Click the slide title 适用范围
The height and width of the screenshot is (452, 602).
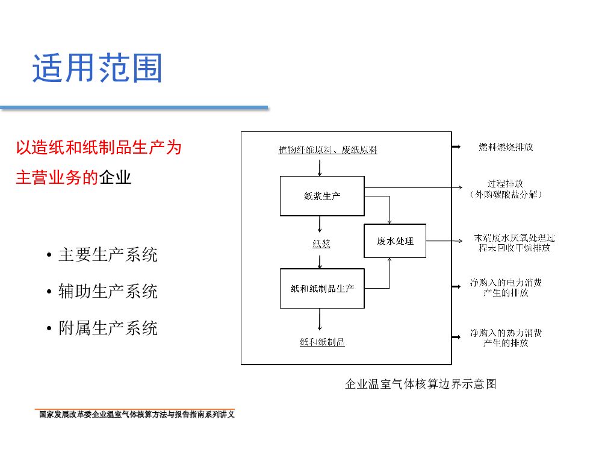coord(97,68)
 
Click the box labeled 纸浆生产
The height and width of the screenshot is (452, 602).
coord(322,196)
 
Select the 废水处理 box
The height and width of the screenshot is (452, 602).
coord(395,241)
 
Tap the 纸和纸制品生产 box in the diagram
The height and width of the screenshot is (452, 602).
coord(322,288)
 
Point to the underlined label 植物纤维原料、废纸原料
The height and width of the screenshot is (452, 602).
coord(327,150)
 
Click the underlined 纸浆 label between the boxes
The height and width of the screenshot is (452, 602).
coord(321,244)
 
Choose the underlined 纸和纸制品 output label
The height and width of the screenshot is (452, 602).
coord(322,342)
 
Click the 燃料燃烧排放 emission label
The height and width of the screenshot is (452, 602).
coord(506,146)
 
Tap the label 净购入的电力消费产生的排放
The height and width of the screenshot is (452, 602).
coord(506,287)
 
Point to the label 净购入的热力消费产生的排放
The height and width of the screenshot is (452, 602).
coord(506,337)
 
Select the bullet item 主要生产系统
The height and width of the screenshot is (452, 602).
coord(108,255)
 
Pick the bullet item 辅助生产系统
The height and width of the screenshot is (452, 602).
coord(108,292)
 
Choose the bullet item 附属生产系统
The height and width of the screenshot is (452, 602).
coord(108,328)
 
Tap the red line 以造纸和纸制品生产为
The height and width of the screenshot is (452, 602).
coord(98,148)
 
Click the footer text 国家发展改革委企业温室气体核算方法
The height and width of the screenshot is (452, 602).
coord(136,415)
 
